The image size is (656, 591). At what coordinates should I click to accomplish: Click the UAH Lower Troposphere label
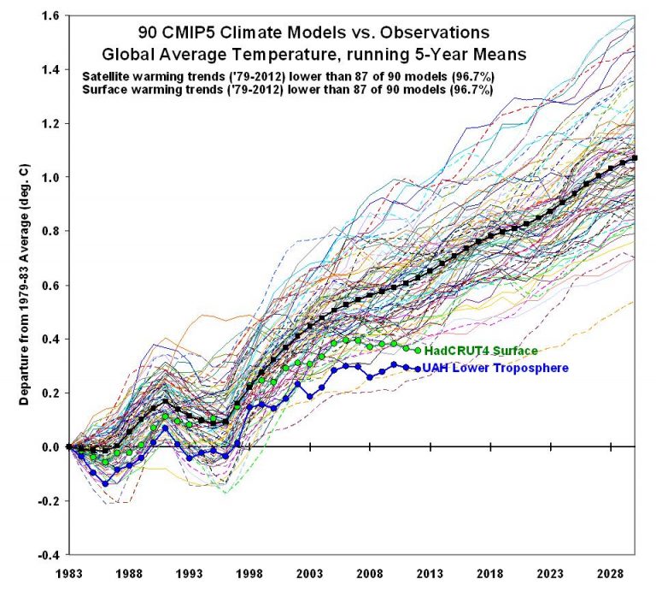click(495, 369)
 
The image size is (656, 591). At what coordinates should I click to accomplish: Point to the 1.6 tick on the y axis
click(52, 16)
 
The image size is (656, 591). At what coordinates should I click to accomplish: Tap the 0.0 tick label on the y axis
click(52, 446)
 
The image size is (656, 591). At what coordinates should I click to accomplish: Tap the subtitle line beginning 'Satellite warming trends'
click(288, 76)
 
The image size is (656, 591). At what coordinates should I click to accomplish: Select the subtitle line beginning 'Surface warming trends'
click(288, 90)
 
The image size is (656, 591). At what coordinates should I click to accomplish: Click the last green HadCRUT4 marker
click(418, 350)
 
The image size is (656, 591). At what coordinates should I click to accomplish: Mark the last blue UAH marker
click(418, 369)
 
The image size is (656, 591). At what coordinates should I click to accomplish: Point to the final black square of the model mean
click(634, 158)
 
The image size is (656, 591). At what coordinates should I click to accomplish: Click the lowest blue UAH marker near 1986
click(105, 483)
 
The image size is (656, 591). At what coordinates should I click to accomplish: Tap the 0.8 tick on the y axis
click(52, 232)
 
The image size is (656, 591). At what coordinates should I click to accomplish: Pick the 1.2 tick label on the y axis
click(52, 124)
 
